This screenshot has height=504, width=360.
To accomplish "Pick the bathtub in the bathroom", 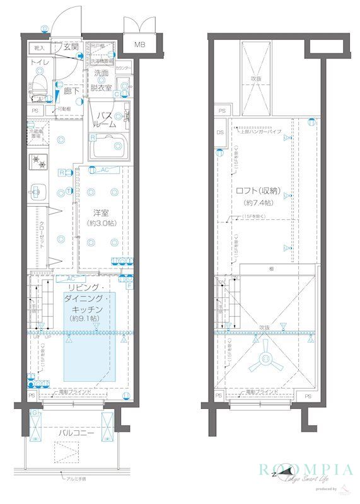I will [108, 149].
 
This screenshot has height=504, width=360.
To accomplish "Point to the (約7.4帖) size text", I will [258, 203].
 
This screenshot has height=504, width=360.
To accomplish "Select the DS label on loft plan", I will [220, 133].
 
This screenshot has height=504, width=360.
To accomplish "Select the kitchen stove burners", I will [38, 161].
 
